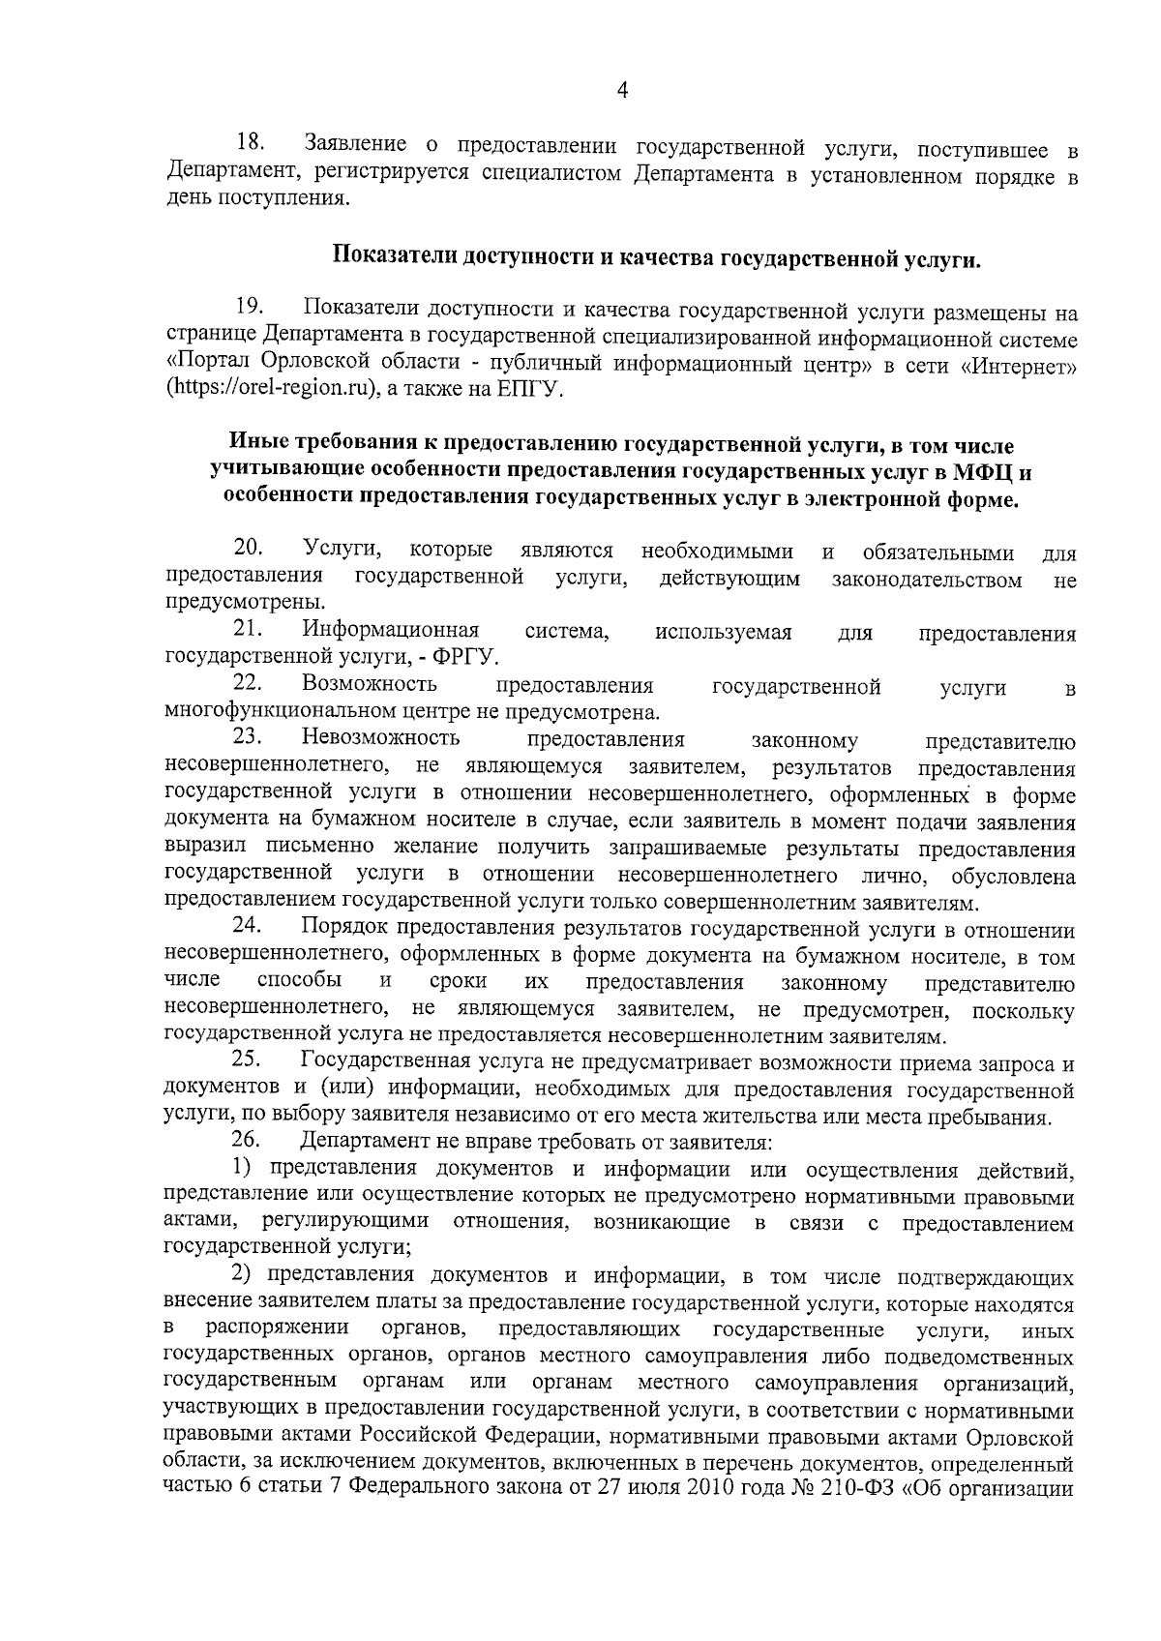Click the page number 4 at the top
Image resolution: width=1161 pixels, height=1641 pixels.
(622, 91)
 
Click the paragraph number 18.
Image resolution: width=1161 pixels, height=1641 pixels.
(251, 145)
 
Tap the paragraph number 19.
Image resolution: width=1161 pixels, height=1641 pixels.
(251, 309)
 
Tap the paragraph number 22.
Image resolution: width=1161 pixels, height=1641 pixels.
(251, 685)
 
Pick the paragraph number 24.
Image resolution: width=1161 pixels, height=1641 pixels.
(251, 929)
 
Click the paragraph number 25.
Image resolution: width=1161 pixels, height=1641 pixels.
(251, 1063)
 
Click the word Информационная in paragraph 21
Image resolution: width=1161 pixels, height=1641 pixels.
(391, 632)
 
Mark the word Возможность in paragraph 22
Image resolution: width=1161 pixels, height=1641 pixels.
(369, 685)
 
